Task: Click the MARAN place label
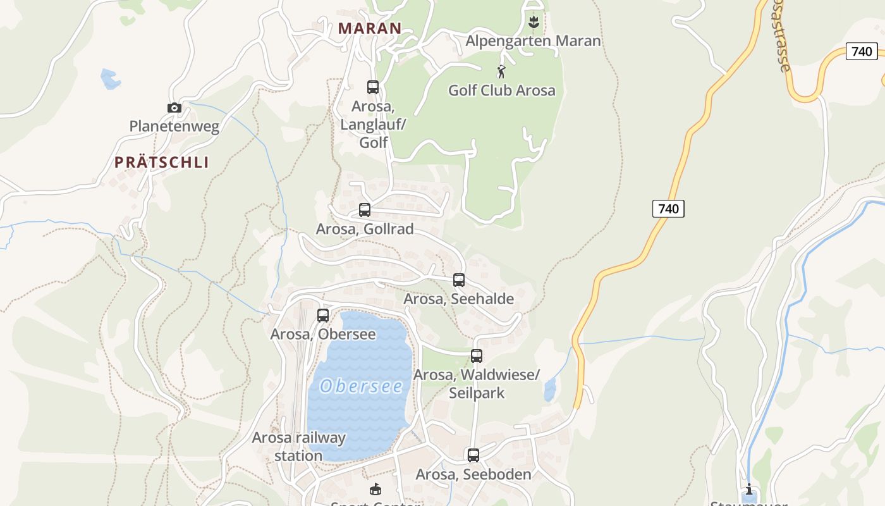[x=370, y=28]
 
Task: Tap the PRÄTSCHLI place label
[x=161, y=162]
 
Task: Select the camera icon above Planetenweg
[x=174, y=108]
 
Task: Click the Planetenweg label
[x=174, y=126]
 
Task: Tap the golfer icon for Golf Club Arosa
[x=502, y=71]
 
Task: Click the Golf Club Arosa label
[x=502, y=90]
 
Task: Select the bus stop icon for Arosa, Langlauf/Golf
[x=373, y=87]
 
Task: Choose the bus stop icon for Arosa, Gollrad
[x=365, y=210]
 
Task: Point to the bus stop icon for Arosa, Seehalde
[x=459, y=280]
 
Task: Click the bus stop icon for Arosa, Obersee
[x=323, y=315]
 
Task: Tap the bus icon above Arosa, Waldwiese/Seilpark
[x=477, y=356]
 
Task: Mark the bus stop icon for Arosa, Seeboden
[x=473, y=455]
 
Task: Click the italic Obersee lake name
[x=361, y=386]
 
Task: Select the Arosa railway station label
[x=299, y=446]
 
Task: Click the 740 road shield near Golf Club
[x=668, y=208]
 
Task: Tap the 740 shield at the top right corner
[x=862, y=51]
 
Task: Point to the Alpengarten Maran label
[x=534, y=41]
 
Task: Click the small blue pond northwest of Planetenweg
[x=110, y=78]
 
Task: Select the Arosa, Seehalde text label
[x=459, y=299]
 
